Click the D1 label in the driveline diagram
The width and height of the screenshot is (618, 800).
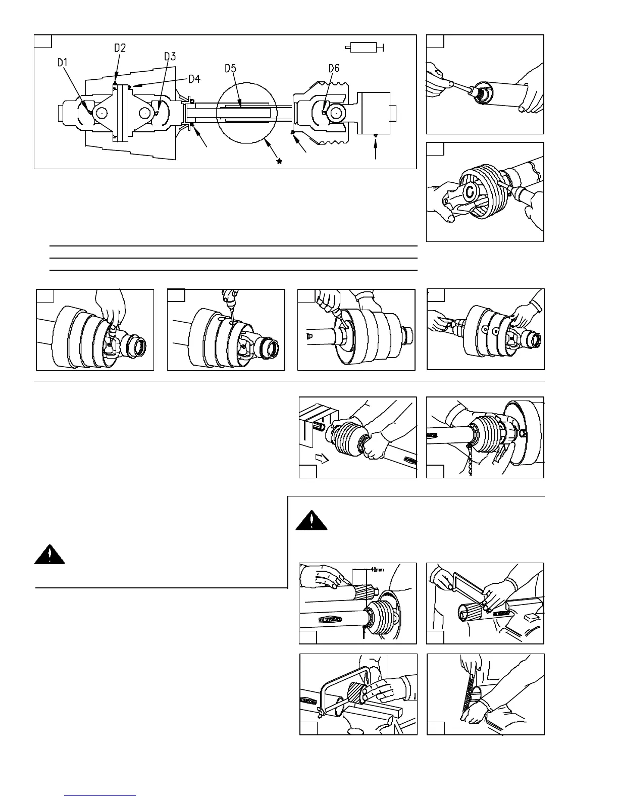pos(63,63)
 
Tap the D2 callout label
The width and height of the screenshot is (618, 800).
pos(120,48)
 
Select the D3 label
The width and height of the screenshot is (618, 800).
pos(170,57)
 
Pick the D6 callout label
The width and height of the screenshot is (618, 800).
pos(334,68)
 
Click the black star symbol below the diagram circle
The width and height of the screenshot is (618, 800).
pos(279,161)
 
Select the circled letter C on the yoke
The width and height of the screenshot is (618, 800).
pos(470,191)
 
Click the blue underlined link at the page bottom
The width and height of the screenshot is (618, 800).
pos(100,795)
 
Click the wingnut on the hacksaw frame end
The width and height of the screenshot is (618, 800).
pos(320,712)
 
